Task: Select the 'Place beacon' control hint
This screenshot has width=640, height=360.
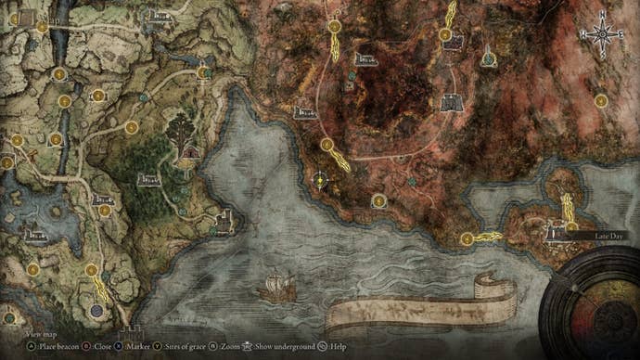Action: [35, 345]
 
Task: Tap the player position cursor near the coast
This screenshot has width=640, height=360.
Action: [320, 181]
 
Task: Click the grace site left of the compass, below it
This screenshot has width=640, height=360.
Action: [601, 99]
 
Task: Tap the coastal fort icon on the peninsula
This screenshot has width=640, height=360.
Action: [224, 220]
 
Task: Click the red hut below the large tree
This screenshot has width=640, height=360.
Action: [190, 151]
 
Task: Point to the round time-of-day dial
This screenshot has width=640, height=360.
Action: [594, 306]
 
